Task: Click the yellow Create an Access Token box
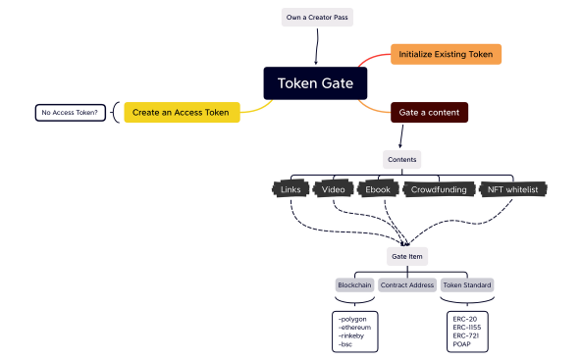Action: (x=183, y=112)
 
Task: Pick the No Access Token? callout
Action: (x=70, y=113)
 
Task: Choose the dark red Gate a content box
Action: (x=429, y=112)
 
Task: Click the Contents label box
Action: (x=401, y=158)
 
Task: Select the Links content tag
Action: (x=291, y=188)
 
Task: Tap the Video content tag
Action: (x=333, y=188)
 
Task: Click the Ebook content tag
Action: (x=378, y=188)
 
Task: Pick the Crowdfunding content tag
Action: (x=438, y=188)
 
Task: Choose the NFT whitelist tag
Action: (x=514, y=188)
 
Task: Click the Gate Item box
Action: (x=406, y=255)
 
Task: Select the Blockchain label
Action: (x=354, y=284)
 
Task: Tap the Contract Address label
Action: (x=406, y=284)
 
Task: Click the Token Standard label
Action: (x=466, y=284)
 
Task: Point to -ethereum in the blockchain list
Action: (x=354, y=328)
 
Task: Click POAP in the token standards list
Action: (x=462, y=344)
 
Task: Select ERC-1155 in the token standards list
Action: (x=467, y=328)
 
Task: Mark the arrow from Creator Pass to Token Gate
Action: (x=315, y=46)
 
